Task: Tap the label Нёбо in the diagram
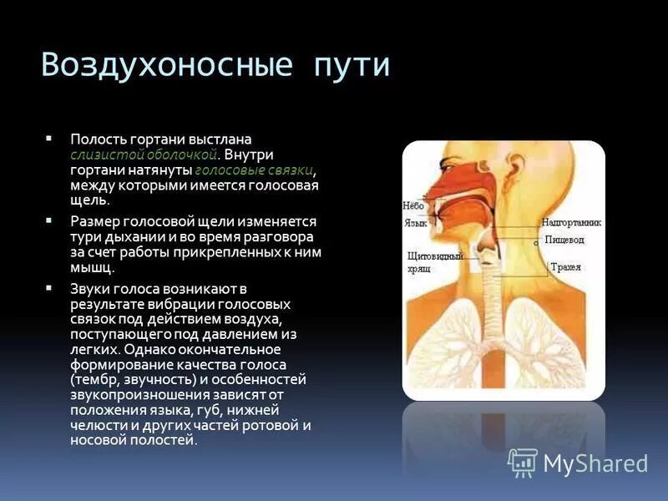pos(413,205)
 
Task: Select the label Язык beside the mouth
pos(415,224)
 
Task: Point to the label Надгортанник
pos(571,223)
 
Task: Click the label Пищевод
pos(564,240)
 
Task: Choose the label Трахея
pos(565,267)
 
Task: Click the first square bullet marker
pos(49,136)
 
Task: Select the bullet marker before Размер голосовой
pos(49,219)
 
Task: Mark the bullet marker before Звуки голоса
pos(49,286)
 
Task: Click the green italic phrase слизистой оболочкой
pos(144,154)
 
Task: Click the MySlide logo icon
pos(523,462)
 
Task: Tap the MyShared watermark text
pos(595,463)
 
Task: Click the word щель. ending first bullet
pos(89,200)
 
